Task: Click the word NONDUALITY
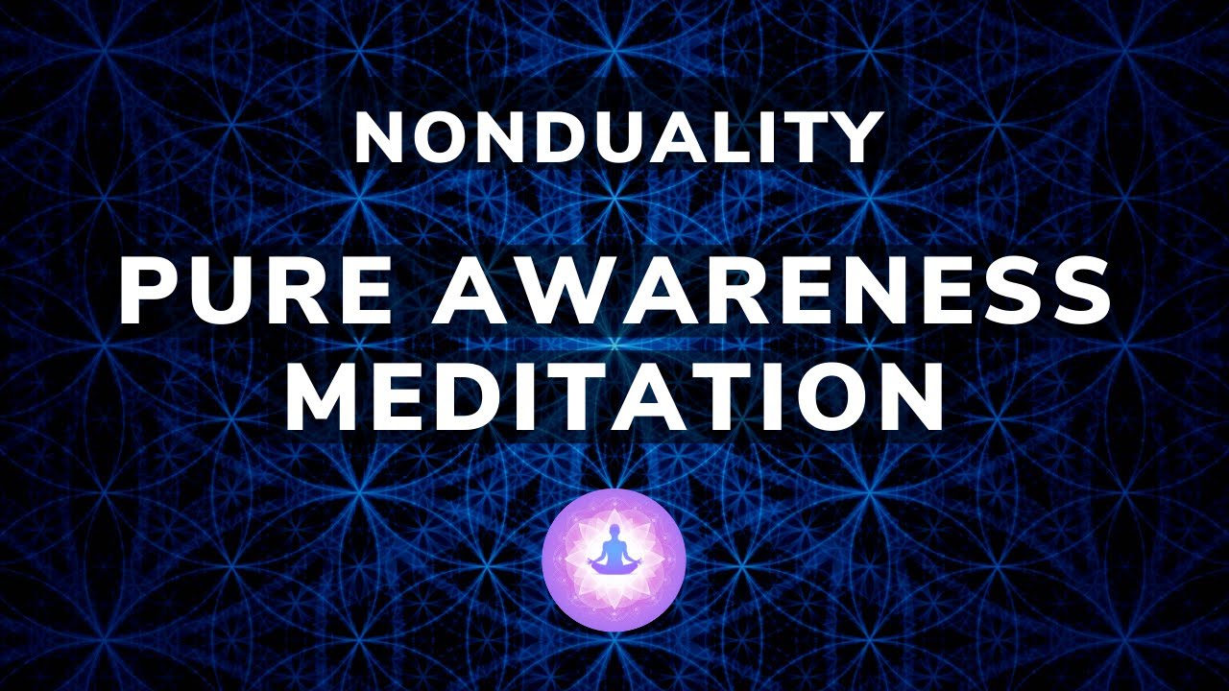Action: [x=618, y=138]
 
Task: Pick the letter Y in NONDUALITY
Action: [x=854, y=138]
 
